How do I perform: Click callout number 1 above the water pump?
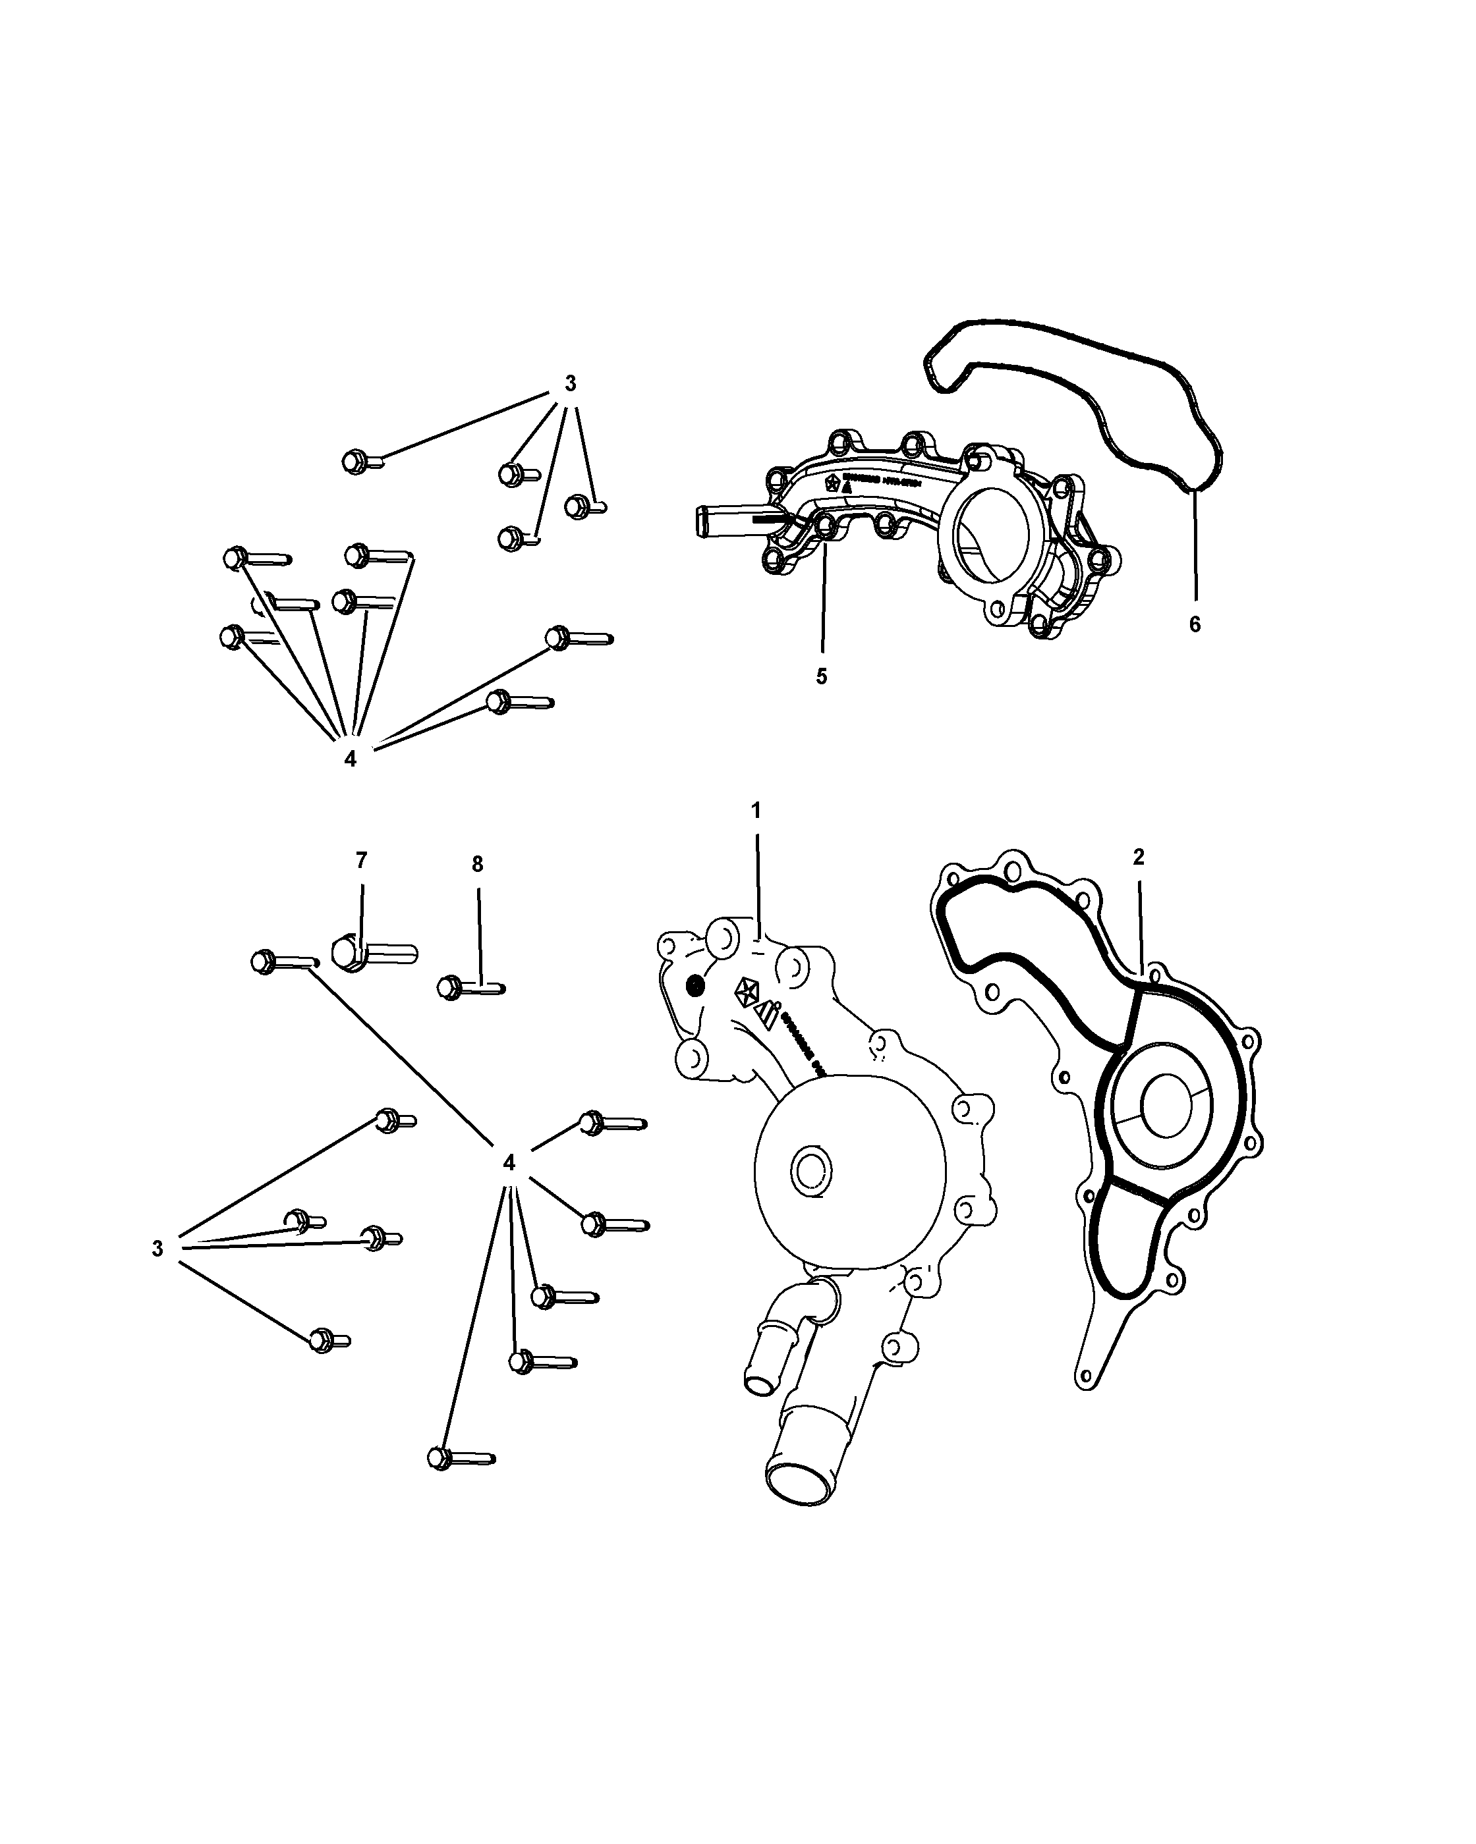[x=756, y=809]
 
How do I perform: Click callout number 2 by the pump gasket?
[x=1138, y=857]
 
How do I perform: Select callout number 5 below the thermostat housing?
[x=822, y=676]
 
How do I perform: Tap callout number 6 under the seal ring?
[x=1195, y=624]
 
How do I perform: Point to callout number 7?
[x=361, y=859]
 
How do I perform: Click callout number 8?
[x=478, y=864]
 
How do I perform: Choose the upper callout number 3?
[x=571, y=384]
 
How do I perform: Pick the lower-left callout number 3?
[x=157, y=1249]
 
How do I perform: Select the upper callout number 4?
[x=350, y=759]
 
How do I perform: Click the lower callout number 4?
[x=509, y=1162]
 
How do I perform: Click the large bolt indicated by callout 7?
[x=372, y=952]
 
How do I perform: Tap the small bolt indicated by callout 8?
[x=470, y=988]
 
